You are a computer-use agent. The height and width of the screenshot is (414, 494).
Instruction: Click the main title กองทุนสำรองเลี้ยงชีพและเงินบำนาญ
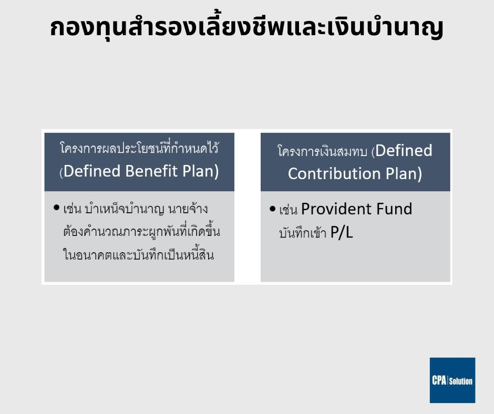(x=246, y=28)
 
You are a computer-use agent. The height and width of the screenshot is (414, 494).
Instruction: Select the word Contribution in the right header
(x=334, y=173)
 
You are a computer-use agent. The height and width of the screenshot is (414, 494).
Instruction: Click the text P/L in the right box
(x=342, y=233)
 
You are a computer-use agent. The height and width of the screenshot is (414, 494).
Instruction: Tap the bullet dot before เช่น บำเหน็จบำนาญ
(x=57, y=208)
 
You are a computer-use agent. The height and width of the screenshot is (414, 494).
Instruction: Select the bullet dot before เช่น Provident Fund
(x=273, y=209)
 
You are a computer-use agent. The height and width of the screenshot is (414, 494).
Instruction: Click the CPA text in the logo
(x=439, y=380)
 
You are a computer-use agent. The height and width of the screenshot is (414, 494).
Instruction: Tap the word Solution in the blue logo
(x=460, y=381)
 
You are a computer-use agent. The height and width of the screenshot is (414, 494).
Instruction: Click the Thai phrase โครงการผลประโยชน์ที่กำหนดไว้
(x=139, y=148)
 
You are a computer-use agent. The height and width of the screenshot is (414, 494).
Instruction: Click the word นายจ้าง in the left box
(x=188, y=209)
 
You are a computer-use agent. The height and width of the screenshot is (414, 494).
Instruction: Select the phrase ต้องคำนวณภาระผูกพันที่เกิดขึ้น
(x=142, y=231)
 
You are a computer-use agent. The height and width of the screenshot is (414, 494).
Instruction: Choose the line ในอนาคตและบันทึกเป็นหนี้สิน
(x=139, y=255)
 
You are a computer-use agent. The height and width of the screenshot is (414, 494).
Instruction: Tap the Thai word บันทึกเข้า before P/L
(x=303, y=233)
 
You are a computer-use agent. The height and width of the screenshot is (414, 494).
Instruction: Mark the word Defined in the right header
(x=404, y=151)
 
